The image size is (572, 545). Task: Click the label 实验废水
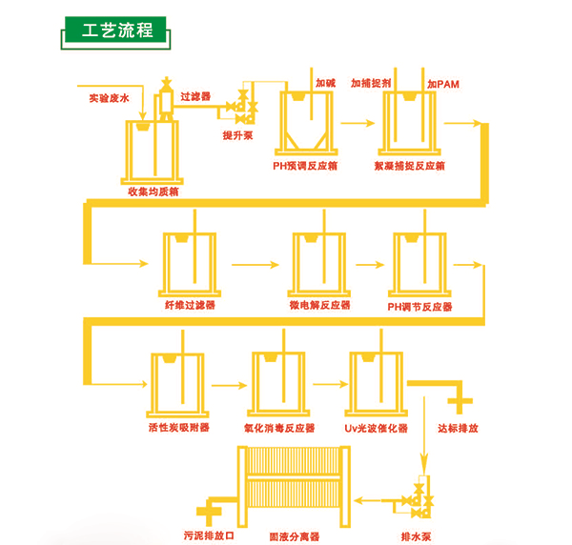[108, 97]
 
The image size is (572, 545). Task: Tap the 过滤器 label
[195, 96]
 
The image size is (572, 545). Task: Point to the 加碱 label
[326, 83]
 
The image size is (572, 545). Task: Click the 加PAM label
[443, 85]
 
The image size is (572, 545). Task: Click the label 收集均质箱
[153, 191]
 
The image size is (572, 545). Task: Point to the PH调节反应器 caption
[419, 307]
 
